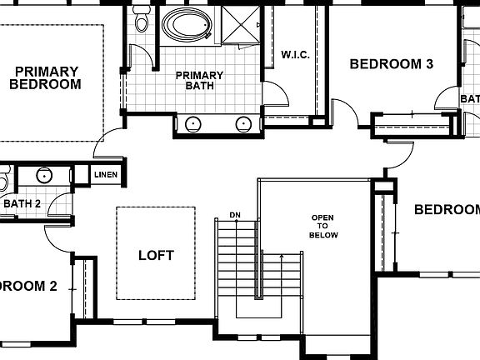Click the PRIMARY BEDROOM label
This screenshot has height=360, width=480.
click(47, 77)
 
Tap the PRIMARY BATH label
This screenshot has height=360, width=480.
click(199, 79)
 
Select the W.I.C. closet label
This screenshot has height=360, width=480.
click(296, 55)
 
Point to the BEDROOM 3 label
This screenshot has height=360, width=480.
click(391, 63)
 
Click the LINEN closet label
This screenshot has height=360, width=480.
click(106, 175)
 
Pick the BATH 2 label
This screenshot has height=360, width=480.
click(22, 203)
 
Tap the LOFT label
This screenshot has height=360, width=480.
click(156, 255)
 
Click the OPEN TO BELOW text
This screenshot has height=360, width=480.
click(322, 227)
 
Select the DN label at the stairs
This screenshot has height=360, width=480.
click(235, 215)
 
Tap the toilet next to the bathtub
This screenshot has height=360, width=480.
click(140, 20)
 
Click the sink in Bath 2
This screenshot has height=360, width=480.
click(44, 176)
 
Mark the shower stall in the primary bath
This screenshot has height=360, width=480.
click(238, 25)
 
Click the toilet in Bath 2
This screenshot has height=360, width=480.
click(3, 179)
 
